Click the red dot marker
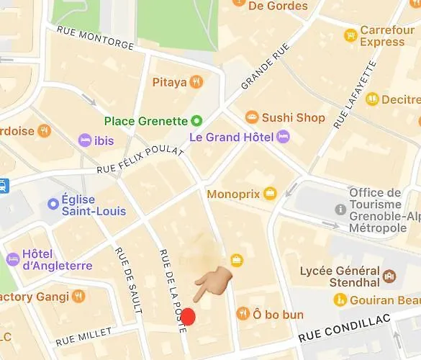(x=188, y=316)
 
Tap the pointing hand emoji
(x=214, y=282)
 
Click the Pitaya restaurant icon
(x=196, y=82)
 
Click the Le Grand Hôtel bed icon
(x=283, y=136)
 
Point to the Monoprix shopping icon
(x=270, y=194)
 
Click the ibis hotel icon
(x=85, y=140)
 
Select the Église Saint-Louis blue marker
(x=53, y=204)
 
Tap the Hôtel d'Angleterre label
(x=58, y=260)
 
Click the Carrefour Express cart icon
(x=350, y=35)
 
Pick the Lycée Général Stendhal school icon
(x=389, y=276)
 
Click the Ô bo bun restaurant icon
(x=243, y=314)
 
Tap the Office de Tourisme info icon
(x=340, y=209)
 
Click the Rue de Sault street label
(x=127, y=280)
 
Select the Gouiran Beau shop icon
(x=340, y=300)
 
